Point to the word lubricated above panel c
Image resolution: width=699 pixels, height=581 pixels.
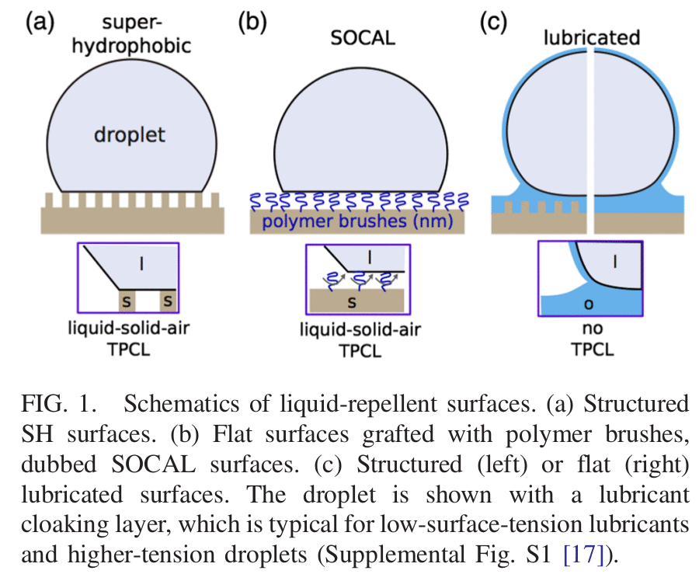(592, 37)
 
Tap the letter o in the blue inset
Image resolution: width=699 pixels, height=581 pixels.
(587, 304)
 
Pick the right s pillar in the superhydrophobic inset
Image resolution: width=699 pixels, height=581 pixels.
(168, 300)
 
